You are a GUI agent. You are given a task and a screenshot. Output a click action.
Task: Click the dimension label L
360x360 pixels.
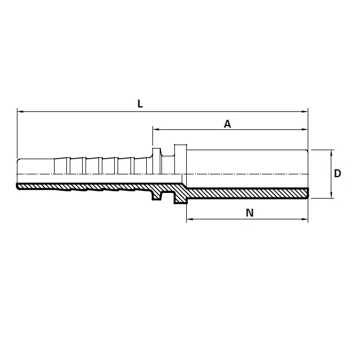click(140, 103)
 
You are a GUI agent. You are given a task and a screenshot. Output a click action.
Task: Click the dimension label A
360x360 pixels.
click(227, 124)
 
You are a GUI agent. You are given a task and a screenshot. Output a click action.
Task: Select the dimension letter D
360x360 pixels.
click(337, 174)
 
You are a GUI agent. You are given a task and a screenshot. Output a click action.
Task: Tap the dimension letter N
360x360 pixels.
click(250, 213)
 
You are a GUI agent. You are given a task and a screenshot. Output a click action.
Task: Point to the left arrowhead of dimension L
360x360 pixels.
click(20, 111)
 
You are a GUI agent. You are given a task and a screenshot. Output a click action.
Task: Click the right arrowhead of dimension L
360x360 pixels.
click(305, 111)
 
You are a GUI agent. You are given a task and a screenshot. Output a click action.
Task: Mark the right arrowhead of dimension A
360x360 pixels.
click(305, 129)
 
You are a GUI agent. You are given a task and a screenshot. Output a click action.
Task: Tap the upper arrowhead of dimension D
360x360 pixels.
click(331, 153)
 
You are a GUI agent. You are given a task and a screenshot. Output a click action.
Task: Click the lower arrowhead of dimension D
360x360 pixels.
click(331, 195)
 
